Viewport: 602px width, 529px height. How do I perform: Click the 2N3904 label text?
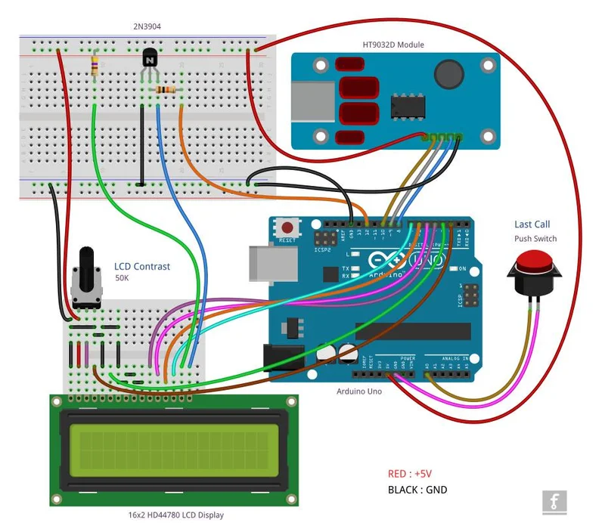coord(146,26)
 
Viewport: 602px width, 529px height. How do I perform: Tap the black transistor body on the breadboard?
coord(150,58)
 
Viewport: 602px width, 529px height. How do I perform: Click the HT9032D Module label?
coord(393,45)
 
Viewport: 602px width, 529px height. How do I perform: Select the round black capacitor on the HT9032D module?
coord(448,74)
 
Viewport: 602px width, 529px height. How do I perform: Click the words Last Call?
coord(532,224)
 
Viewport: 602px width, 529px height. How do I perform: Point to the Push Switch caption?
coord(535,239)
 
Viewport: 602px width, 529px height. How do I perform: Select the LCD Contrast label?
coord(142,266)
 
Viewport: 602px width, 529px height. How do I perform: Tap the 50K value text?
coord(122,279)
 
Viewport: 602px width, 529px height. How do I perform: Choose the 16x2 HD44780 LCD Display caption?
coord(175,515)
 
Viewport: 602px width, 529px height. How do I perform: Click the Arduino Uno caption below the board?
coord(359,391)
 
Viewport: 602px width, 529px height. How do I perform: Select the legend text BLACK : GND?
coord(417,490)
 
